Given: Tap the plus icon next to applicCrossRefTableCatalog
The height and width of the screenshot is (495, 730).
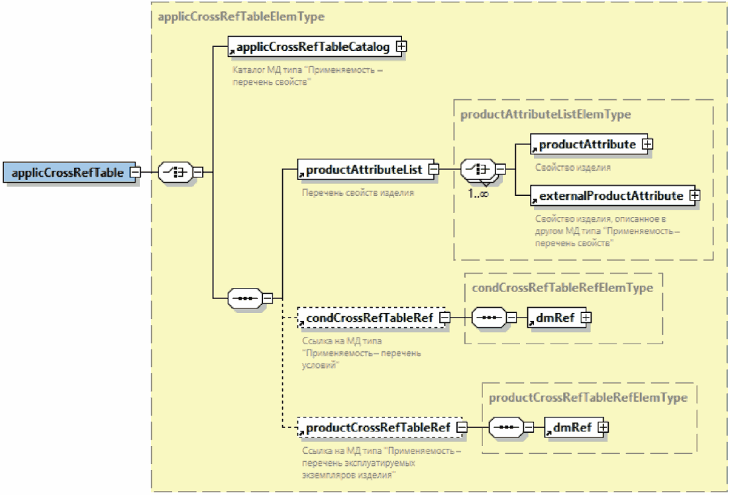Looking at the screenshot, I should (x=401, y=47).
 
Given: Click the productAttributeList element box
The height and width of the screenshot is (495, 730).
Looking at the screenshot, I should (x=363, y=170).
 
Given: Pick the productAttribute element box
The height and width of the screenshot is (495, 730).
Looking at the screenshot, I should (x=586, y=144).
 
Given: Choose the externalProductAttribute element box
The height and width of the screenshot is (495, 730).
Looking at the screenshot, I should (x=609, y=195).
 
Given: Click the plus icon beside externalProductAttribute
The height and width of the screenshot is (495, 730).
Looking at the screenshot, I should (x=695, y=195).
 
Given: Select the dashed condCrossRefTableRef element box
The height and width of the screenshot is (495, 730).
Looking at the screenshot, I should (x=368, y=318).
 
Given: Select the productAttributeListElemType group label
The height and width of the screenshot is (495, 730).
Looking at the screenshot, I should (x=545, y=114).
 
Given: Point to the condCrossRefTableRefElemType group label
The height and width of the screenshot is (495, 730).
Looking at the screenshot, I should (x=562, y=287).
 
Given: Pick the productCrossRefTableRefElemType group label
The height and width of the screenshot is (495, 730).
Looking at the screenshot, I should (x=588, y=397).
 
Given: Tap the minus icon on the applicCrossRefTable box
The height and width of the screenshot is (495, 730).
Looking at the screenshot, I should (x=134, y=172).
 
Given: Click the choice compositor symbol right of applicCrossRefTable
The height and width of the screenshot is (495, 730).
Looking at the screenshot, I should (x=175, y=172).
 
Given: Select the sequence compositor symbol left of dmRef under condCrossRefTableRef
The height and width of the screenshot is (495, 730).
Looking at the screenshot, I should (x=490, y=318).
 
